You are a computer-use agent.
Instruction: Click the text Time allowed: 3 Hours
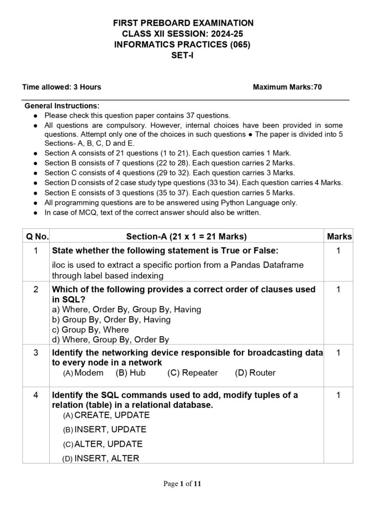coord(61,87)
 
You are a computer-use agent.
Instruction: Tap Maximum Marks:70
coord(287,87)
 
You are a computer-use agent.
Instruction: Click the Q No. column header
coord(37,236)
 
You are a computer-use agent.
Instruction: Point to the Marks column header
coord(339,236)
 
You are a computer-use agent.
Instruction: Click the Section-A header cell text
coord(187,236)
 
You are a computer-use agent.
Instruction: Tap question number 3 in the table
coord(36,353)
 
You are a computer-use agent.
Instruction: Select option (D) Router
coord(255,373)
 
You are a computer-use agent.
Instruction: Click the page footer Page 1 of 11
coord(186,484)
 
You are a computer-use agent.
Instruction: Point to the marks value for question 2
coord(339,290)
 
